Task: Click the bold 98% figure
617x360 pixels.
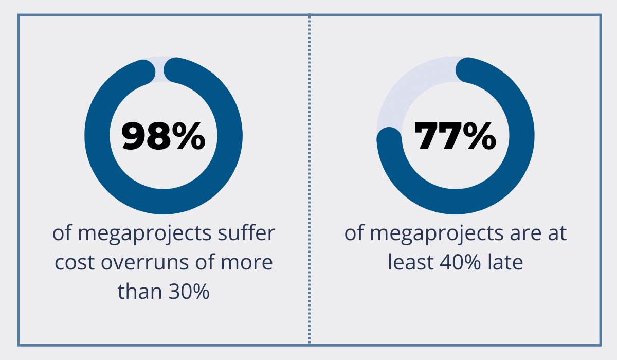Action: point(164,136)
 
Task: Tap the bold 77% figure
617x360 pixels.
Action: point(456,136)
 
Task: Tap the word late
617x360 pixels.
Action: point(506,263)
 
